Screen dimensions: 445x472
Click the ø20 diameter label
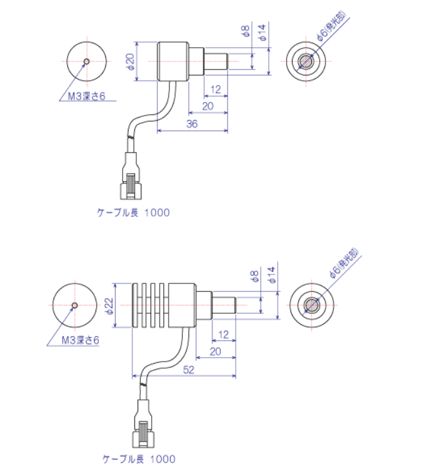(x=130, y=62)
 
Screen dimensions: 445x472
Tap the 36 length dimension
(x=192, y=124)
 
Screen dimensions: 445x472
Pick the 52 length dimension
(x=189, y=369)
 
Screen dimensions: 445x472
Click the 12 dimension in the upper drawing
(x=216, y=89)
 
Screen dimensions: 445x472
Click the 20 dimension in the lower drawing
(x=215, y=351)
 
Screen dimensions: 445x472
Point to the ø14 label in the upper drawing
(x=262, y=32)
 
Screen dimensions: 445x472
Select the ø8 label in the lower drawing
(x=254, y=276)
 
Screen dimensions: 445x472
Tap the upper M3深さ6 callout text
(x=87, y=96)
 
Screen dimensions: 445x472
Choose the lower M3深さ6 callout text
(x=80, y=340)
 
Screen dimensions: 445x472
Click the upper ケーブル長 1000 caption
(x=133, y=212)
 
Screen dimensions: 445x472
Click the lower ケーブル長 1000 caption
(x=139, y=459)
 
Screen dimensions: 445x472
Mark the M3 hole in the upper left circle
(x=87, y=61)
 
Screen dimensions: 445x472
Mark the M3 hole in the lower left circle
(x=75, y=305)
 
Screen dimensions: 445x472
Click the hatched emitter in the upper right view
(x=306, y=61)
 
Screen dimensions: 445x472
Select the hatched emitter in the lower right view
(x=311, y=305)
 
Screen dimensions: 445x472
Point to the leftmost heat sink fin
(x=134, y=305)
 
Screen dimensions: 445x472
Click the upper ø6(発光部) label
(x=331, y=26)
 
